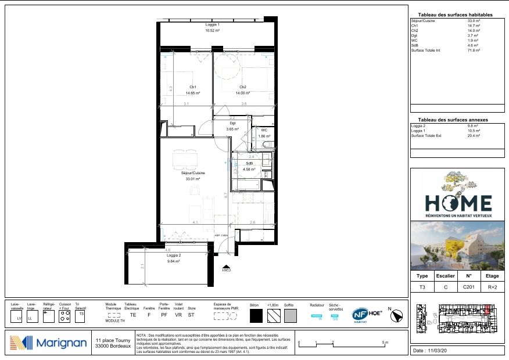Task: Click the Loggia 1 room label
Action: pos(212,26)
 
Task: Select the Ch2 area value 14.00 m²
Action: pos(242,93)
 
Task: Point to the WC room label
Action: pos(264,131)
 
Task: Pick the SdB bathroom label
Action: pos(249,163)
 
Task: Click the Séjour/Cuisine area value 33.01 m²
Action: pos(192,179)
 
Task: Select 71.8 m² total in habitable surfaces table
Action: pos(474,51)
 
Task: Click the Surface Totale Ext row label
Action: pos(426,135)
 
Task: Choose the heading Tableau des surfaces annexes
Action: pos(453,120)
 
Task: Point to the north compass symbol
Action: pos(397,315)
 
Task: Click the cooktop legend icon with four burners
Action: pos(64,316)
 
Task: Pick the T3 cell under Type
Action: pos(422,287)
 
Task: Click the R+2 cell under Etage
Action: pos(492,287)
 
